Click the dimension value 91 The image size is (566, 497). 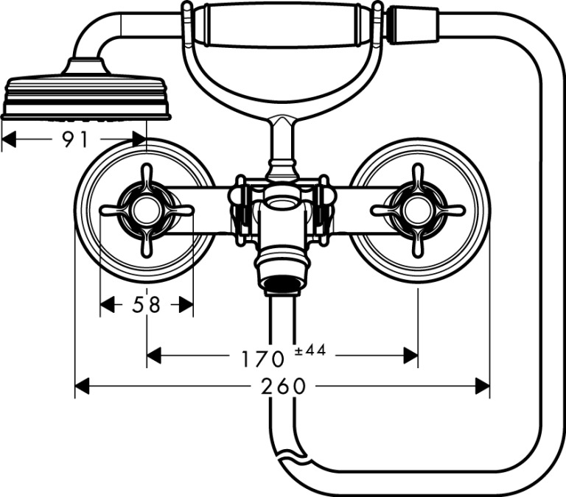(x=75, y=140)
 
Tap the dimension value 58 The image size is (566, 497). (x=146, y=305)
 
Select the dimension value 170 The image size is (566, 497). (x=263, y=359)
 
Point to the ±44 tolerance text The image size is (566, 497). (x=310, y=350)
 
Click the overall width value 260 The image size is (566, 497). (x=283, y=387)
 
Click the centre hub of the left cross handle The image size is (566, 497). (x=147, y=211)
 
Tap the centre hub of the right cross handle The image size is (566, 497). (x=418, y=211)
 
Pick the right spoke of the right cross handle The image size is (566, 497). (x=447, y=211)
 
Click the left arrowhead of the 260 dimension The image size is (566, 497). (x=82, y=387)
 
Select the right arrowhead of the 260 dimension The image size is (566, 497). (x=482, y=387)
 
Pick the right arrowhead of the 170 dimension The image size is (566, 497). (x=410, y=356)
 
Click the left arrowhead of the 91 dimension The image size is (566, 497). (x=9, y=139)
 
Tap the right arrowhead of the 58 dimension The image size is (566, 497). (x=186, y=305)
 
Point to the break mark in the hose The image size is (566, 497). (x=293, y=454)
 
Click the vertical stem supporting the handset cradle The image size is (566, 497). (x=283, y=144)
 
